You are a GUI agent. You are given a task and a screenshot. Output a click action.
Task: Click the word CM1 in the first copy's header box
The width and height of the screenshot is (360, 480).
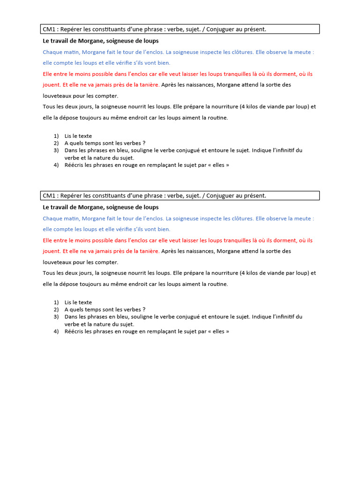[x=49, y=30]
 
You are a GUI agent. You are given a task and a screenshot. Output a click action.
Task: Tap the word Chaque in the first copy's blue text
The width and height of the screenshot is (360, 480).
[x=52, y=52]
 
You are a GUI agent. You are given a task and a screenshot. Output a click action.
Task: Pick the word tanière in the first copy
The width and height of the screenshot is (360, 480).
[x=148, y=85]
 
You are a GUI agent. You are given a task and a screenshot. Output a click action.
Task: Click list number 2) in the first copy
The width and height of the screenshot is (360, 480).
[x=56, y=143]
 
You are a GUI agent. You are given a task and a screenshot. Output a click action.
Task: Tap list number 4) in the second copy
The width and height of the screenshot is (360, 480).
[x=56, y=331]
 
